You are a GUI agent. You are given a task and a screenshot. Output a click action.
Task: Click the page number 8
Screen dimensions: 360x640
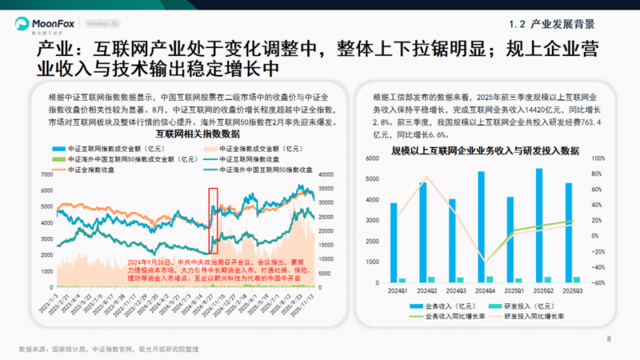tap(610, 338)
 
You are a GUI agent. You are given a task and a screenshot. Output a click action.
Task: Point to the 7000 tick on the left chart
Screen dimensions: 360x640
tap(46, 174)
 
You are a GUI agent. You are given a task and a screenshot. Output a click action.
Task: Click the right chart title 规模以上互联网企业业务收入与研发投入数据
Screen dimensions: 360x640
tap(486, 150)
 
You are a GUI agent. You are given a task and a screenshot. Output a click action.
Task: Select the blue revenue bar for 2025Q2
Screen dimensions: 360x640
tap(538, 226)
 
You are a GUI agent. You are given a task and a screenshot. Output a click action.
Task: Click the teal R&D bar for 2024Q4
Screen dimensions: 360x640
tap(490, 279)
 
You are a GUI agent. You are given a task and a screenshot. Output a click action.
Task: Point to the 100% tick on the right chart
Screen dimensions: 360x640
tap(598, 158)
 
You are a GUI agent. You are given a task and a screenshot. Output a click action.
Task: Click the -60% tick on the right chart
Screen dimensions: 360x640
tap(597, 282)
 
